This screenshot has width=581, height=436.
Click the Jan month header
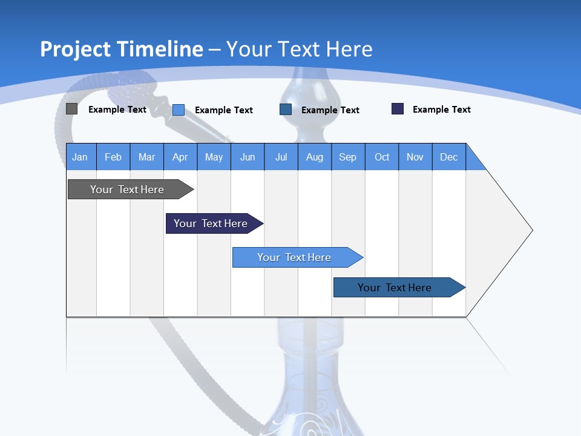click(x=80, y=157)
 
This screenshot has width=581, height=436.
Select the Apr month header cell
click(x=180, y=157)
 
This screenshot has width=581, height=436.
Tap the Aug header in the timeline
click(x=314, y=157)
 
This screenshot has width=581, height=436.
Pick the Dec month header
click(x=448, y=157)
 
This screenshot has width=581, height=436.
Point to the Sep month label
click(x=347, y=157)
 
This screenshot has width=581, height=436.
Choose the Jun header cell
click(x=247, y=157)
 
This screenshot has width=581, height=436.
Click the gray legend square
click(x=71, y=109)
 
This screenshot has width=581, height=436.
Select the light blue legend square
click(x=179, y=110)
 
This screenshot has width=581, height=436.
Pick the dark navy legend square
click(x=398, y=109)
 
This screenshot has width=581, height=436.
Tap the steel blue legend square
click(x=286, y=110)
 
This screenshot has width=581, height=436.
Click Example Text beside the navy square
click(x=441, y=110)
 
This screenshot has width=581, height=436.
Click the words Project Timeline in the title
click(x=121, y=49)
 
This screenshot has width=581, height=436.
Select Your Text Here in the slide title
click(x=299, y=49)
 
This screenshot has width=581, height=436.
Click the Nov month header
click(x=415, y=157)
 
